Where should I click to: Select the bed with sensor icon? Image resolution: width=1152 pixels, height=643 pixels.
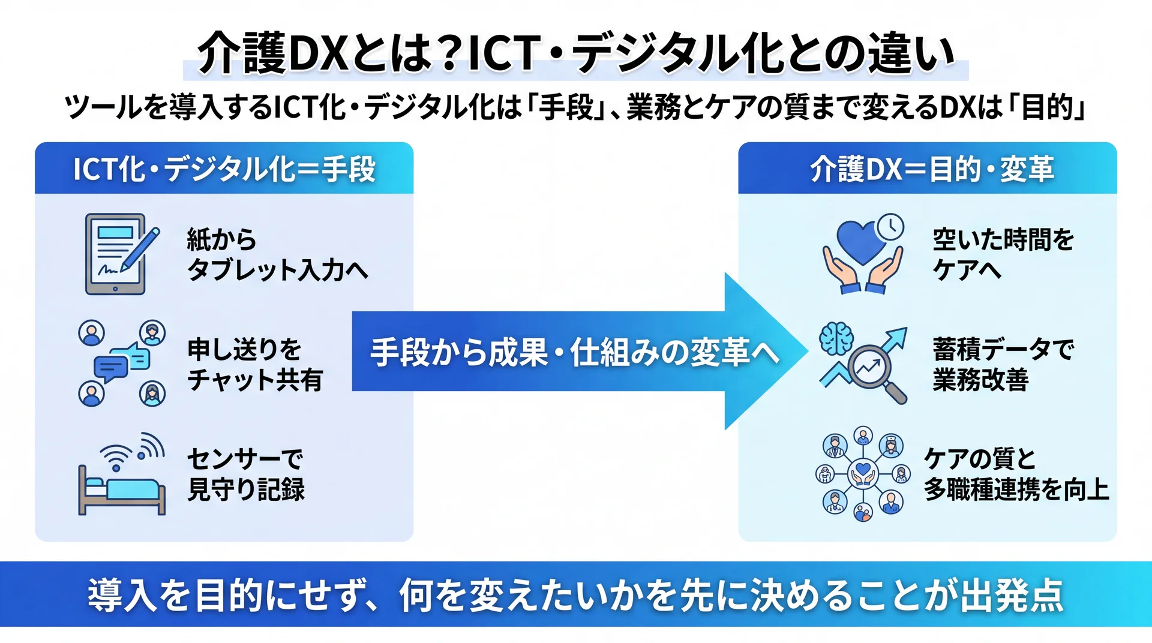click(122, 474)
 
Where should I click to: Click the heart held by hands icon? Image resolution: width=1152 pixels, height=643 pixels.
click(863, 254)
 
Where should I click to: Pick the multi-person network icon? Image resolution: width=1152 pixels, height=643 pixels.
click(863, 474)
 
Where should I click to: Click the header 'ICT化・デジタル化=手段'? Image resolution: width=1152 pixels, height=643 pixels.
click(224, 169)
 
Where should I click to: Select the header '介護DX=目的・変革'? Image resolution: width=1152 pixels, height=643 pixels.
click(932, 169)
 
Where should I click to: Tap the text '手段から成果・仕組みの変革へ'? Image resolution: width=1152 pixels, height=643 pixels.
click(574, 352)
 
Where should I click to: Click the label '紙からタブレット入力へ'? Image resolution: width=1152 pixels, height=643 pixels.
click(277, 254)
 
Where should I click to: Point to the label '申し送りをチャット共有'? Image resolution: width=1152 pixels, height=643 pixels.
click(255, 364)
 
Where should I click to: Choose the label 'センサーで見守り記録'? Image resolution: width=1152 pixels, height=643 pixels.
click(246, 474)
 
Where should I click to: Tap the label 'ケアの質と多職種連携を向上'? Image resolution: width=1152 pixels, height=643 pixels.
click(1016, 474)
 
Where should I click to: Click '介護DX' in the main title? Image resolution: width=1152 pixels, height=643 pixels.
click(273, 53)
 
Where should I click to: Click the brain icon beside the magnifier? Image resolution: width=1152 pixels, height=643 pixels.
click(836, 339)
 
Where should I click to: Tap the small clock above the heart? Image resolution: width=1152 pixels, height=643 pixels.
click(890, 227)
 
